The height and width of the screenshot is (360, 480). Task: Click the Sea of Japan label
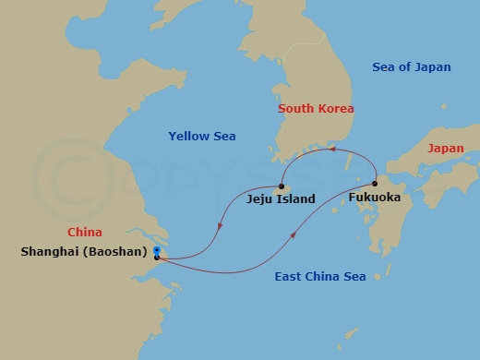point(411,66)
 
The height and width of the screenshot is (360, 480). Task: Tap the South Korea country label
point(317,109)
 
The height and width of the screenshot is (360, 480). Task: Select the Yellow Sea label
point(201,137)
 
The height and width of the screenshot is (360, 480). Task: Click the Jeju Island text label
point(282,198)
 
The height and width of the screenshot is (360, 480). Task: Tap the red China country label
point(84,232)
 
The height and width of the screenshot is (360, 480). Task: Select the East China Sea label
point(320,276)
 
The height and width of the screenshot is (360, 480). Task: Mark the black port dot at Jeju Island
point(282,186)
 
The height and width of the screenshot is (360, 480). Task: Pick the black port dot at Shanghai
point(158,258)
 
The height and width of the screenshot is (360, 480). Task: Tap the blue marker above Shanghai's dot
point(158,250)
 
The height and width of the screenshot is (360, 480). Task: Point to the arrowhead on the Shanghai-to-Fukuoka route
point(294,236)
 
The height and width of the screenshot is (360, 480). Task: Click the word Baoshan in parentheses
point(120,250)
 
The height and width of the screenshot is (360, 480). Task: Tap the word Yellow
point(183,137)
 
